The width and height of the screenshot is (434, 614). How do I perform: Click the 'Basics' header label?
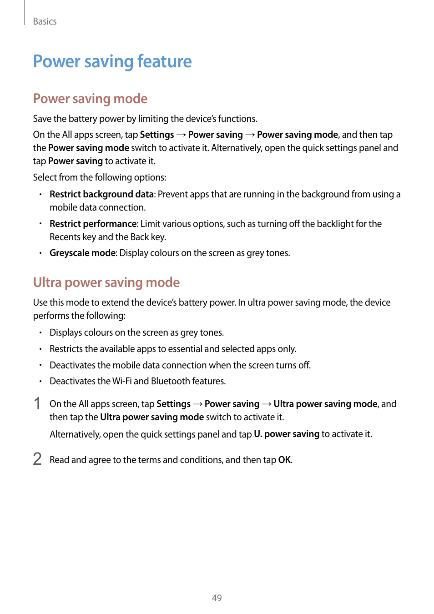[x=45, y=21]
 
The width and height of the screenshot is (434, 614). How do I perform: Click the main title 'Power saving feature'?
[x=112, y=61]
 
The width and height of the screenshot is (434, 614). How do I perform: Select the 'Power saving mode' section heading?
[x=90, y=99]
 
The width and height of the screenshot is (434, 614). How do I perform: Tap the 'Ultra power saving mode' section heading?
[x=106, y=282]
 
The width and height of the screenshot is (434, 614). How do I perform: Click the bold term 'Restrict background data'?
[x=101, y=194]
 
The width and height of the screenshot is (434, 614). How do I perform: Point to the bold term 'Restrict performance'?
[x=93, y=224]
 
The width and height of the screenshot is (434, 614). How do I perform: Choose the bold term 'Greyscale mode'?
[x=83, y=253]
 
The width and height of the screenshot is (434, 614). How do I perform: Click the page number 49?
[x=217, y=598]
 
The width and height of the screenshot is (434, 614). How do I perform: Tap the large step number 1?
[x=37, y=403]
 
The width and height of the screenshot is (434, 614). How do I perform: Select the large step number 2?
[x=37, y=459]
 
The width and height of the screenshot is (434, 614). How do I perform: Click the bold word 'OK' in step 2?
[x=284, y=460]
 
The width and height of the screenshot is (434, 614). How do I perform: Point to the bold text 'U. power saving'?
[x=287, y=434]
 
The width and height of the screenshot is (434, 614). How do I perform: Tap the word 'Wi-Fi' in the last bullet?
[x=121, y=381]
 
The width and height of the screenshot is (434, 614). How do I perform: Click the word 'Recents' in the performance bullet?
[x=65, y=237]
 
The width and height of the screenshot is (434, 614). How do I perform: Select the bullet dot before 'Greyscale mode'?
[x=40, y=253]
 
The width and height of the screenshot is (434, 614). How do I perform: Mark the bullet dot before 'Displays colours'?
[x=40, y=333]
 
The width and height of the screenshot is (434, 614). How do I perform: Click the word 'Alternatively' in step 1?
[x=75, y=434]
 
